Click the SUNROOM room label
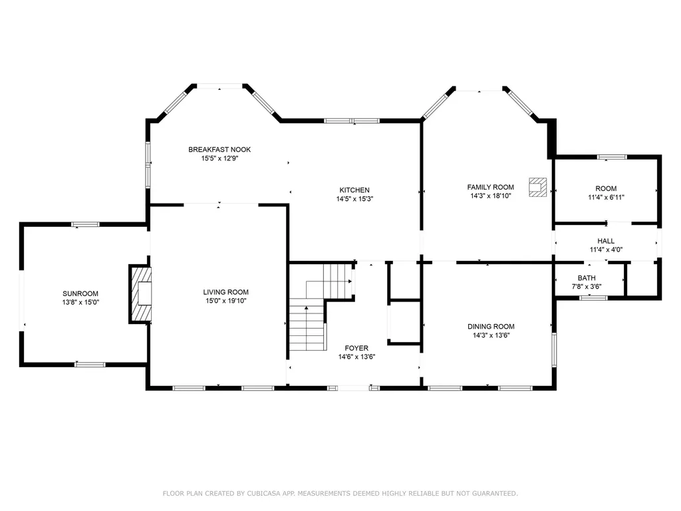80,293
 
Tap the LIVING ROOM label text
225,292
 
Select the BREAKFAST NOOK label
219,150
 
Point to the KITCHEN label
354,190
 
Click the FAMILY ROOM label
491,188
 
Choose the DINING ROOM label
491,327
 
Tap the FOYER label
356,348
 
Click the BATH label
587,278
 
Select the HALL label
606,241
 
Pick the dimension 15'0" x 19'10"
225,301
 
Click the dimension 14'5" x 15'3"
354,199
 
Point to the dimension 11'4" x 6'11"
606,197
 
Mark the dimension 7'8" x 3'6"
587,287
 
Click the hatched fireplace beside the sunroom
140,293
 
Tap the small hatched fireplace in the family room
537,187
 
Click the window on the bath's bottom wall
593,298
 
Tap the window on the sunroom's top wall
86,224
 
